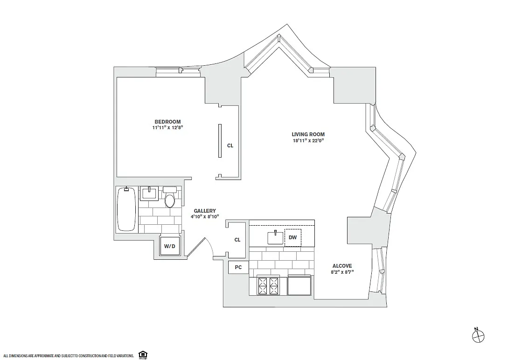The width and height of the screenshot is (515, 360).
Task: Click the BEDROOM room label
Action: click(167, 122)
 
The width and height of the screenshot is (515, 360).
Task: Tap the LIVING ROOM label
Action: click(308, 134)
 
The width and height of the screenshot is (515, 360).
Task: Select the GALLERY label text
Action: click(205, 211)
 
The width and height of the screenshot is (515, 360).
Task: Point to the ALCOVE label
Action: click(342, 266)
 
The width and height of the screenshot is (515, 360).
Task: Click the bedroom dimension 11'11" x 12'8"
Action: click(167, 128)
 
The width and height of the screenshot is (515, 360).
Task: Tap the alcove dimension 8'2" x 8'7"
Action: click(342, 272)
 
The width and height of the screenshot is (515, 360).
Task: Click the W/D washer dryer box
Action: click(169, 246)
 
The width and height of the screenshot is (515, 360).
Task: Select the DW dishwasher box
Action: click(292, 237)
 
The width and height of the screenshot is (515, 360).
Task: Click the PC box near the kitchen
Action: click(238, 267)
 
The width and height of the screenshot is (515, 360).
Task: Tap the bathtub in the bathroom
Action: click(126, 209)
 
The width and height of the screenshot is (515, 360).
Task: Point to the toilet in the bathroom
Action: click(170, 197)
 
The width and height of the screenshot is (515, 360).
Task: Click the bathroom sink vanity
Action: click(149, 193)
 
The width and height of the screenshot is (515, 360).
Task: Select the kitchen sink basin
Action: click(275, 237)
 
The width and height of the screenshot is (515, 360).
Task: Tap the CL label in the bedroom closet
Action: click(230, 145)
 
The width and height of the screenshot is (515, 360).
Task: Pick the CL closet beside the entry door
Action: click(237, 240)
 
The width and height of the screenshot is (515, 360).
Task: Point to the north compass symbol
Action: click(478, 335)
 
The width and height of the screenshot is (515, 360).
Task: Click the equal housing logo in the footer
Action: click(143, 355)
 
